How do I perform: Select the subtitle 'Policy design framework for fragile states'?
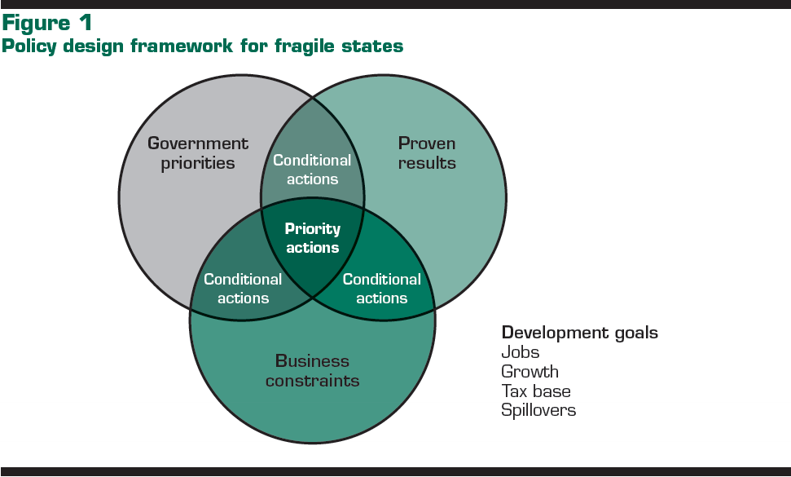tap(202, 46)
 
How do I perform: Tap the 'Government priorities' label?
tap(198, 153)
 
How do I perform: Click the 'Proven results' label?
tap(427, 153)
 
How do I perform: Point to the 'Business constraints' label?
tap(312, 371)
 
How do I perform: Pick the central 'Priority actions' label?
tap(313, 238)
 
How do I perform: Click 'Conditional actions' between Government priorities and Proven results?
tap(313, 170)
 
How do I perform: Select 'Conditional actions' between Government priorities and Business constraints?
tap(243, 289)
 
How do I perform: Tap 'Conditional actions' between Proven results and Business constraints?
tap(382, 289)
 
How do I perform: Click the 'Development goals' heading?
tap(580, 333)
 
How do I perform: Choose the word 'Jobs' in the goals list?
tap(520, 352)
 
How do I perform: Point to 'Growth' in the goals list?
tap(530, 372)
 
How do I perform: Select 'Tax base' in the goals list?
tap(536, 391)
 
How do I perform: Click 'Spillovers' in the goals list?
tap(538, 410)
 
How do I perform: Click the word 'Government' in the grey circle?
tap(198, 144)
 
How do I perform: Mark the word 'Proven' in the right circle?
tap(427, 144)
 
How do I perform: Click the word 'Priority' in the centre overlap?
tap(313, 229)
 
